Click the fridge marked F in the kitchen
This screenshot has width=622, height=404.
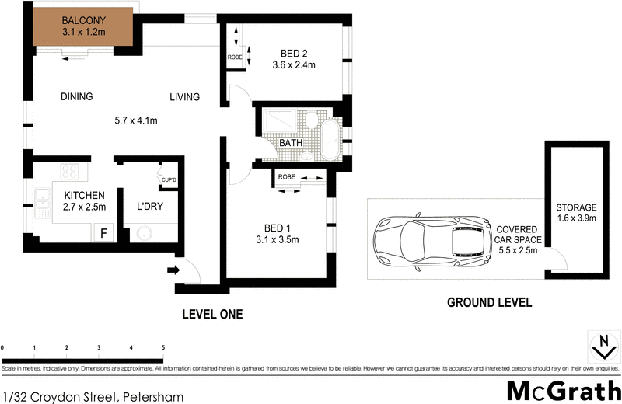pyautogui.click(x=102, y=231)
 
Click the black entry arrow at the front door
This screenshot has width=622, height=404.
pyautogui.click(x=173, y=270)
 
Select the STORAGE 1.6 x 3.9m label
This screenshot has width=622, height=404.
pyautogui.click(x=576, y=214)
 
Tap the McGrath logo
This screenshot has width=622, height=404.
pyautogui.click(x=560, y=391)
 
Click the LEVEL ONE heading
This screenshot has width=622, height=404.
pyautogui.click(x=212, y=315)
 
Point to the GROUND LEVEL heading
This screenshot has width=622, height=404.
pyautogui.click(x=489, y=303)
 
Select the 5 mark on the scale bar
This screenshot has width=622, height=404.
pyautogui.click(x=162, y=347)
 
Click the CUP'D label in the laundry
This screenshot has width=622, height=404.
pyautogui.click(x=169, y=179)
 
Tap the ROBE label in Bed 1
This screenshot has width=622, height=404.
pyautogui.click(x=287, y=178)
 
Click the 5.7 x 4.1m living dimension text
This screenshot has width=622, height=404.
pyautogui.click(x=136, y=120)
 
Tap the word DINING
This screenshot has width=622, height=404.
pyautogui.click(x=77, y=97)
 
